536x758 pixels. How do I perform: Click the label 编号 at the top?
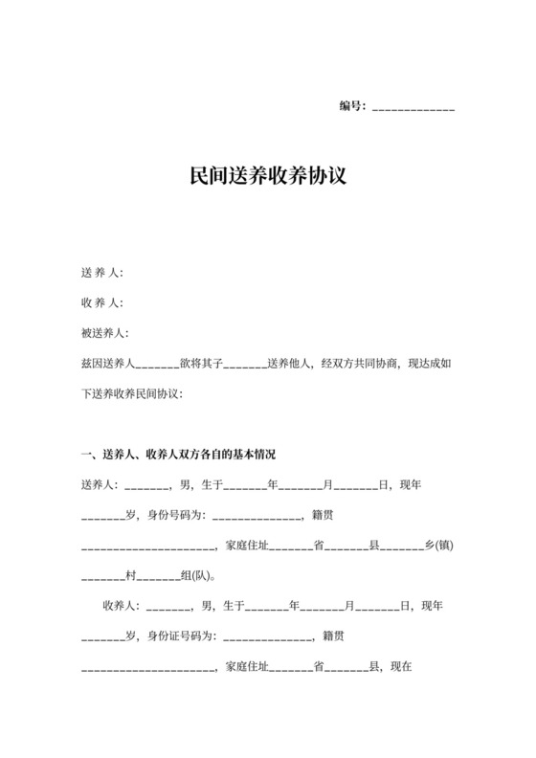coord(351,106)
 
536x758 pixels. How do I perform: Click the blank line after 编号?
coord(413,108)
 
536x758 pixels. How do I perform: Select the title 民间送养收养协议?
coord(267,177)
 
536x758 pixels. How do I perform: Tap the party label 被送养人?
coord(104,333)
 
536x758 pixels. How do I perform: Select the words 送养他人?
coord(288,364)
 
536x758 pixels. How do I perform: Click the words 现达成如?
coord(432,364)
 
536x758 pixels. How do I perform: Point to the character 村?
coord(131,576)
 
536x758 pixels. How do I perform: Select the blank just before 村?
coord(102,579)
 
